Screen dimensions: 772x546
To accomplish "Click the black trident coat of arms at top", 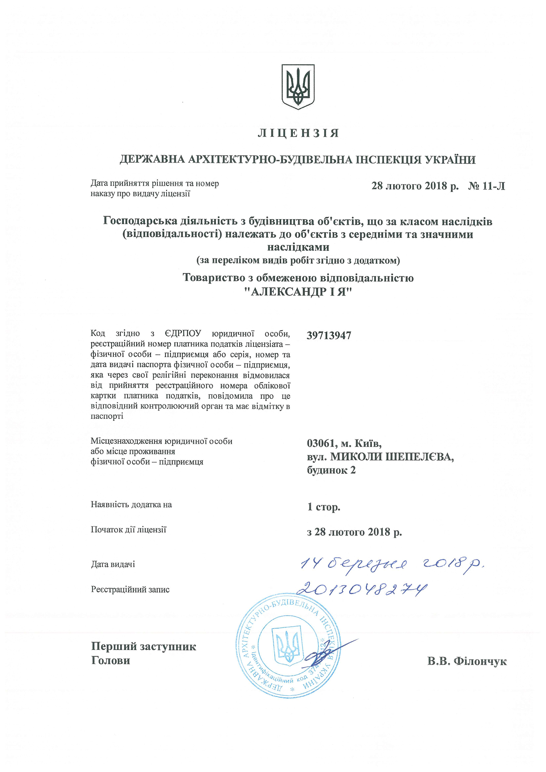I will [298, 87].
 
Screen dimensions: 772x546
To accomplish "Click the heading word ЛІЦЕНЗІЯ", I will [298, 133].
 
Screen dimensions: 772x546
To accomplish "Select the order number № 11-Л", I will [486, 186].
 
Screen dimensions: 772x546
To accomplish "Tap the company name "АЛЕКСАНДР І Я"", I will [298, 292].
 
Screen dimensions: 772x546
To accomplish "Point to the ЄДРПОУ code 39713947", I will [329, 336].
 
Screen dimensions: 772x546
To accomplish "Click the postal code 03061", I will [320, 443].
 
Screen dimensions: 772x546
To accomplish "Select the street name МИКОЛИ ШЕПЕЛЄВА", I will [392, 457].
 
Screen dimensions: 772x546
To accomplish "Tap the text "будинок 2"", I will [331, 470].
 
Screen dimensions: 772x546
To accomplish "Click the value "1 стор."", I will [324, 507].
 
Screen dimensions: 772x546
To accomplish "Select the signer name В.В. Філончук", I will [467, 661].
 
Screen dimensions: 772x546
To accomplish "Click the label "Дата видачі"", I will [113, 565].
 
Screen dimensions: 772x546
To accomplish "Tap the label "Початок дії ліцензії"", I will [128, 530].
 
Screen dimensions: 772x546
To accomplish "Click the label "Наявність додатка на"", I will [131, 505].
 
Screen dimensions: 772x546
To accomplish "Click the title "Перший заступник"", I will [143, 646].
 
